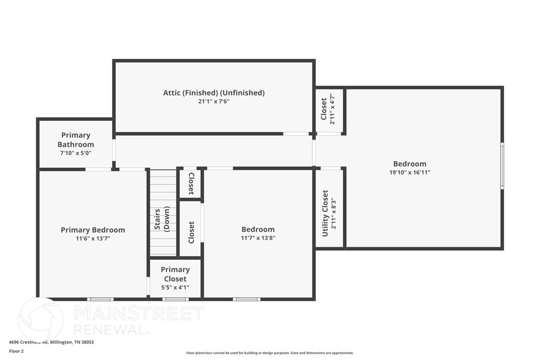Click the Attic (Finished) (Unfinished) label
point(214,93)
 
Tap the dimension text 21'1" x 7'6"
point(214,102)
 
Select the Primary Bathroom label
point(76,140)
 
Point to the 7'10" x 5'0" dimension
point(76,153)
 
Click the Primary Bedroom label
point(93,230)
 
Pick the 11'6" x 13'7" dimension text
point(93,239)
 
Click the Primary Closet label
point(175,274)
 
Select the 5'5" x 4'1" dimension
point(175,287)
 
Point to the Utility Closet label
point(325,213)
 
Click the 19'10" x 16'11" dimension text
point(410,173)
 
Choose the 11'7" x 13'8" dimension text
point(258,238)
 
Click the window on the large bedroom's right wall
point(502,165)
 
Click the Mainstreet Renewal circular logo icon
point(41,319)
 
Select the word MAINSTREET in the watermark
point(139,313)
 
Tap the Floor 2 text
point(17,351)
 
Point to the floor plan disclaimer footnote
point(270,353)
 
